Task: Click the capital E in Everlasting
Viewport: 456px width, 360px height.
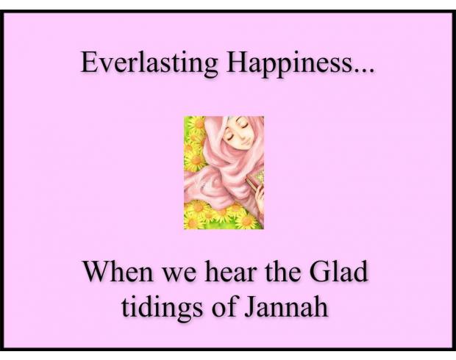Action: pyautogui.click(x=89, y=62)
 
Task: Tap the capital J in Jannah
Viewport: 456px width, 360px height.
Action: pyautogui.click(x=250, y=307)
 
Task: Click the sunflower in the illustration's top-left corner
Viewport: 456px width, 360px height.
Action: pyautogui.click(x=196, y=123)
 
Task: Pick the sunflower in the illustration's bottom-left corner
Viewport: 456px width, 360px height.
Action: pyautogui.click(x=193, y=222)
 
